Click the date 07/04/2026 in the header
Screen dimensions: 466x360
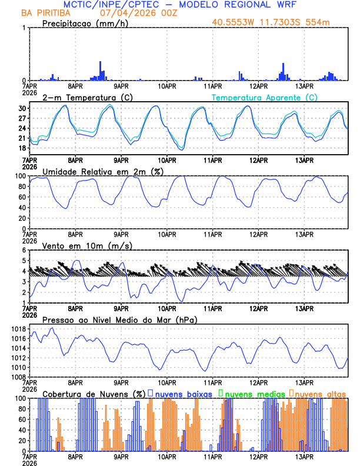122,12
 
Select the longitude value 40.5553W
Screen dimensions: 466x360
234,23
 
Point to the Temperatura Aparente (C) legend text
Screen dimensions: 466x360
264,97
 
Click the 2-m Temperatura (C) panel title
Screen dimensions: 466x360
84,97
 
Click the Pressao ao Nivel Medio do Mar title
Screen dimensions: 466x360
119,319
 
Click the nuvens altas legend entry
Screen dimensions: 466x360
320,393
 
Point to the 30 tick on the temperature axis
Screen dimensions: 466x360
21,108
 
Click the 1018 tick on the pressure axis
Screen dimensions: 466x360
18,329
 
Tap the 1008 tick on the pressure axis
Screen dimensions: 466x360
18,377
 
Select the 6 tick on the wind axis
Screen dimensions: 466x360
25,250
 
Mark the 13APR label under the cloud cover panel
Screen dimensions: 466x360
304,456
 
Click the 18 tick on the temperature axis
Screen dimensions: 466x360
21,148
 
